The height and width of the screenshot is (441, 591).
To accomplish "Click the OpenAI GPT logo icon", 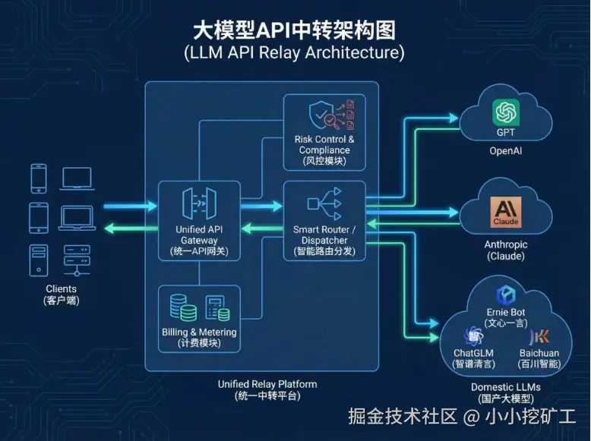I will (x=505, y=113).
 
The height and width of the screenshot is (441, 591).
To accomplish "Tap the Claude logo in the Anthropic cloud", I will (x=505, y=213).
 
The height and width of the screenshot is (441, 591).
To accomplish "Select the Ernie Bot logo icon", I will (x=506, y=295).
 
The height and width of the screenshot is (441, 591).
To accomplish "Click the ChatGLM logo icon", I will (x=474, y=335).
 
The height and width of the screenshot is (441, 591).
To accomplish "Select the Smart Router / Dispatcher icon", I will (x=324, y=203).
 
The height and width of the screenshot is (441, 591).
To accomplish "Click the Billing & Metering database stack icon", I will (x=183, y=307).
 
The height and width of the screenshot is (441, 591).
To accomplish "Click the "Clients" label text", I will (x=62, y=289).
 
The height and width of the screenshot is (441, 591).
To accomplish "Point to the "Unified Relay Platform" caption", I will (x=267, y=384).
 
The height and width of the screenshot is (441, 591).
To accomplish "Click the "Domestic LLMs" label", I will (x=506, y=387).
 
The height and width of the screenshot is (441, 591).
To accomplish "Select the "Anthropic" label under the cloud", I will (x=505, y=244).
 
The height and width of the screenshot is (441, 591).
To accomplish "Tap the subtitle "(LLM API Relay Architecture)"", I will (x=294, y=53).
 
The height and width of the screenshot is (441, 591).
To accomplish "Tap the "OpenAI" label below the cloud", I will (x=505, y=151).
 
